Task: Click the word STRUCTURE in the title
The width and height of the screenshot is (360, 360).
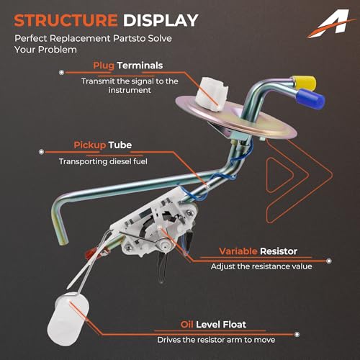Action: [66, 20]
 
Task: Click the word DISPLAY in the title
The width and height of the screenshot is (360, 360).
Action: [161, 20]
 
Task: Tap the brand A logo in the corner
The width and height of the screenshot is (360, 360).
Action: [331, 24]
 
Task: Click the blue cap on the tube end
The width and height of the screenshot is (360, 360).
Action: [310, 99]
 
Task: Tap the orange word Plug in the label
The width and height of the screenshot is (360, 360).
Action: [104, 66]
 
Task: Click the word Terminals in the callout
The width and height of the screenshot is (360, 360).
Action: [140, 66]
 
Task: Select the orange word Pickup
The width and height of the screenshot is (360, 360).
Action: [89, 145]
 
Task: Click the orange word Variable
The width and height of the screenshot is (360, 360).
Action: [238, 251]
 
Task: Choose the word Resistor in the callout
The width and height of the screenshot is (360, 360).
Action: [279, 251]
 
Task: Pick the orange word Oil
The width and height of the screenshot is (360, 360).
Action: [186, 325]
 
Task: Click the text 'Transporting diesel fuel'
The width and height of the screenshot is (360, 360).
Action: [103, 161]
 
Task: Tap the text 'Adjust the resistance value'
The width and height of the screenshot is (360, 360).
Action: [261, 266]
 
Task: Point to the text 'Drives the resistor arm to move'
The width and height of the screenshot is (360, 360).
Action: [216, 340]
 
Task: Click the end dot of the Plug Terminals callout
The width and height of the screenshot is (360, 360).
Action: [62, 72]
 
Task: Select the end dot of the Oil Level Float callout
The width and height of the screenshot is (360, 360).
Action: [297, 334]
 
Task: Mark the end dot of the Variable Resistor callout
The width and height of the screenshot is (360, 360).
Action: [329, 261]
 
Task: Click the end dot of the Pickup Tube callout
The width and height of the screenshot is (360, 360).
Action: [41, 152]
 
